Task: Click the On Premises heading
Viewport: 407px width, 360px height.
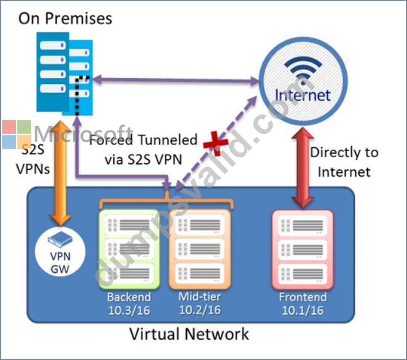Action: point(65,19)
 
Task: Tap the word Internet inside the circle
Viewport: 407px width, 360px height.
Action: point(303,95)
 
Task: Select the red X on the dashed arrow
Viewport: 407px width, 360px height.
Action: point(215,143)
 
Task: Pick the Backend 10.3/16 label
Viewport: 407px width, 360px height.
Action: point(129,304)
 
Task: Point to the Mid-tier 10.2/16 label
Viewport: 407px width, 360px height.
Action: point(200,303)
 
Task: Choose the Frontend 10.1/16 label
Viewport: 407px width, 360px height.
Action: point(303,304)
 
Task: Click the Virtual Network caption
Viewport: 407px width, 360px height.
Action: point(189,334)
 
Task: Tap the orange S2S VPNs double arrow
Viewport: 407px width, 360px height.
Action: point(60,173)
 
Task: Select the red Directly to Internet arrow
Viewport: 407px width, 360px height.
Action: point(303,168)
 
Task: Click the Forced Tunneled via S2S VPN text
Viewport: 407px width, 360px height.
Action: point(143,150)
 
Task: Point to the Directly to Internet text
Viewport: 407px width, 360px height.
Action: point(344,162)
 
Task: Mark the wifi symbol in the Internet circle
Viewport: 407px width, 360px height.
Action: point(303,69)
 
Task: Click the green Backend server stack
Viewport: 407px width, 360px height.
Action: point(129,249)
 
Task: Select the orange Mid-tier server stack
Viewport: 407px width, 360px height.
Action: point(200,249)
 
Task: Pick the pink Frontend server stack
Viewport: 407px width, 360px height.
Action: point(303,249)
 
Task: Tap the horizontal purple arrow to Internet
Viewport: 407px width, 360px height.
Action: point(175,80)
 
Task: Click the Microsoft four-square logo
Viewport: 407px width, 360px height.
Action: point(17,134)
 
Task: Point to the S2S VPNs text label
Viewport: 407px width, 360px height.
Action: point(32,159)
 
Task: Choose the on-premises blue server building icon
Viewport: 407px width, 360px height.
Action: point(65,74)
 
